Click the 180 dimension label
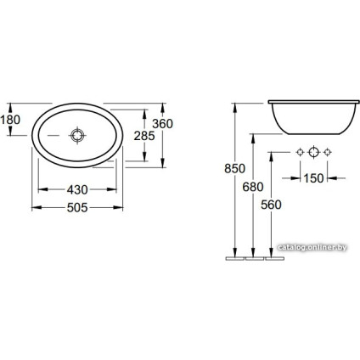click(10, 120)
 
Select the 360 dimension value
click(162, 124)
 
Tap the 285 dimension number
click(144, 136)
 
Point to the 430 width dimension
click(77, 190)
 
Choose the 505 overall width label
click(77, 208)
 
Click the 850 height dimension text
click(234, 169)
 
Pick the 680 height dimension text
click(253, 187)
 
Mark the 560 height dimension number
click(271, 205)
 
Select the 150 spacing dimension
click(313, 178)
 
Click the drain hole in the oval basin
click(77, 135)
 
